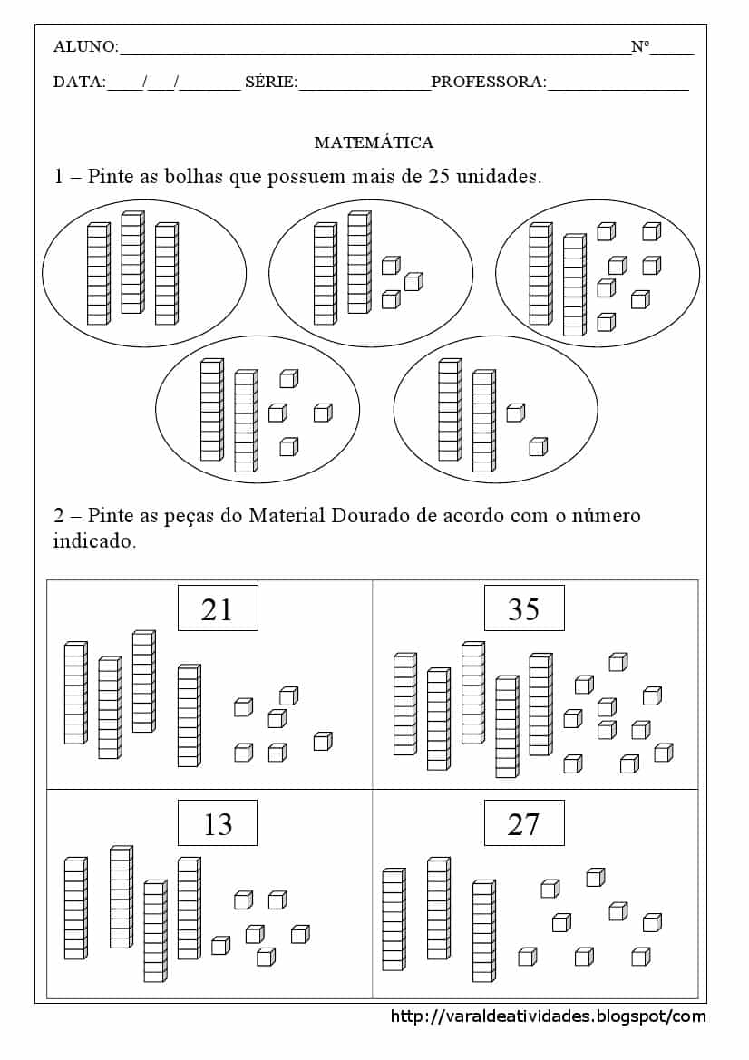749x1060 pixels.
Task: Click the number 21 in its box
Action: tap(218, 609)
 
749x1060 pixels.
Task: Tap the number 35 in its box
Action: tap(524, 609)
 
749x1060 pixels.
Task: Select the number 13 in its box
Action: tap(218, 824)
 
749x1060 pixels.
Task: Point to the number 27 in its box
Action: tap(524, 824)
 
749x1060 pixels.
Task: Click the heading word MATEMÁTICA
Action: tap(374, 142)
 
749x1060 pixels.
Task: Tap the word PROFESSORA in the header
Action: tap(489, 83)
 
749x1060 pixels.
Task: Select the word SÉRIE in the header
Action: tap(271, 83)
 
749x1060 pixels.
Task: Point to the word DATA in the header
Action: tap(79, 83)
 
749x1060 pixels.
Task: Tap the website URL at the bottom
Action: tap(548, 1016)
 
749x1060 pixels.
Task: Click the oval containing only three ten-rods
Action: tap(144, 273)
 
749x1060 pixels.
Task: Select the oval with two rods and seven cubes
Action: tap(598, 273)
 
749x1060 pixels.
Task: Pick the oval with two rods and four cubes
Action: tap(258, 416)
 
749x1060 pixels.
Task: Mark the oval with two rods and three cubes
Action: tap(371, 273)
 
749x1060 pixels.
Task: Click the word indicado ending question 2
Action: tap(94, 542)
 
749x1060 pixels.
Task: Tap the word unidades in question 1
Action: tap(497, 176)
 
